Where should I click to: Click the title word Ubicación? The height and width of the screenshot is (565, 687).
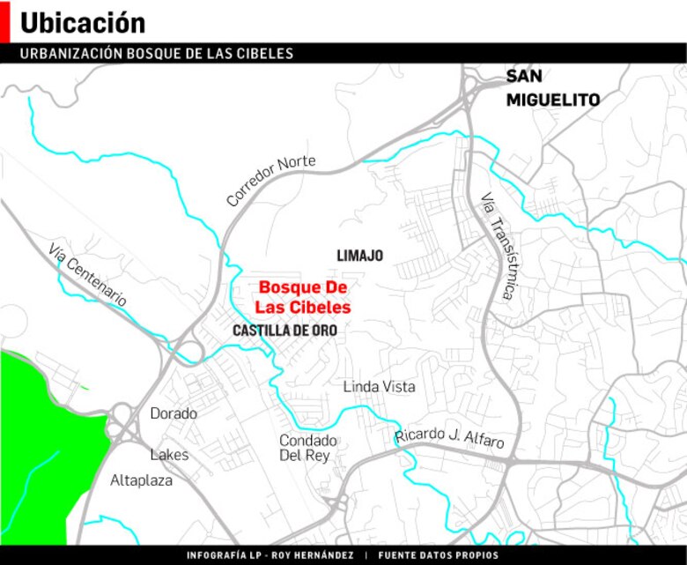pyautogui.click(x=82, y=23)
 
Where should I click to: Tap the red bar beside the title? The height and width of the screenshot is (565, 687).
pyautogui.click(x=4, y=21)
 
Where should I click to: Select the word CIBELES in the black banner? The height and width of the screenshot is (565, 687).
pyautogui.click(x=265, y=54)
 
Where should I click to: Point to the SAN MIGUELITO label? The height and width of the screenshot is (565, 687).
pyautogui.click(x=552, y=89)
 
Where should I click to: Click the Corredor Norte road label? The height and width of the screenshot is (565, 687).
pyautogui.click(x=270, y=181)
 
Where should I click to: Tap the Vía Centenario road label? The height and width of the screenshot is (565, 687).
pyautogui.click(x=88, y=275)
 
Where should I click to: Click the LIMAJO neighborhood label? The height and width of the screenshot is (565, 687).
pyautogui.click(x=359, y=256)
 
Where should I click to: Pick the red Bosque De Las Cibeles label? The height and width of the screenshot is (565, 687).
pyautogui.click(x=303, y=298)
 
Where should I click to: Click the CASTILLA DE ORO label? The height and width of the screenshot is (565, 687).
pyautogui.click(x=284, y=331)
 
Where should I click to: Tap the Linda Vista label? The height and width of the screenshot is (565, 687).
pyautogui.click(x=379, y=387)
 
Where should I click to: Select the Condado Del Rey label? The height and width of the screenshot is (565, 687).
pyautogui.click(x=307, y=448)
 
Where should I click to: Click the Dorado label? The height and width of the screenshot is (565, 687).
pyautogui.click(x=174, y=413)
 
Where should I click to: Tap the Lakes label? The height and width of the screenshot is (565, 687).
pyautogui.click(x=169, y=455)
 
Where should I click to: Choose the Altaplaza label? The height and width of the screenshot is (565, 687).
pyautogui.click(x=141, y=481)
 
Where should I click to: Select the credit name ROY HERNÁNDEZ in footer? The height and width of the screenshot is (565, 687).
pyautogui.click(x=312, y=556)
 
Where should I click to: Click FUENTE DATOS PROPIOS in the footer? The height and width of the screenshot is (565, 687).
pyautogui.click(x=438, y=556)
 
